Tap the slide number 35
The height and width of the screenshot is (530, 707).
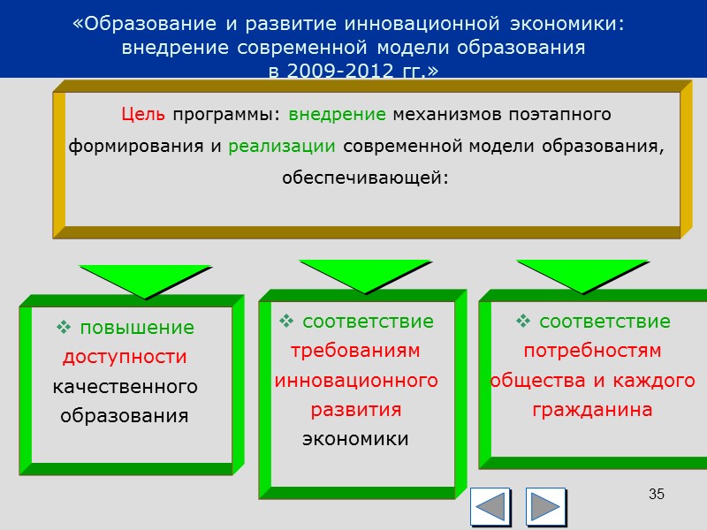point(656,494)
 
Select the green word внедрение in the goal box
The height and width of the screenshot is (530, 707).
point(337,115)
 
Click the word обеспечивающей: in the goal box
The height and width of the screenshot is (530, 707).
point(365,177)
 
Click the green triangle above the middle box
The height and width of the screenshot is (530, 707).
point(364,275)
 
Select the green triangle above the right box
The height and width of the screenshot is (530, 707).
point(582,275)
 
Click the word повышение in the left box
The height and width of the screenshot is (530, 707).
point(137,328)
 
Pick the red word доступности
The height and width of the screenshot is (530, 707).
point(125,357)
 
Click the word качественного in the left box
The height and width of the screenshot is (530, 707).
point(125,387)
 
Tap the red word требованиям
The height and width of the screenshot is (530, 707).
point(355,351)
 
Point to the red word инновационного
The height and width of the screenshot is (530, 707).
point(356,381)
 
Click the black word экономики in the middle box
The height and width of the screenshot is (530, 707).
point(355,439)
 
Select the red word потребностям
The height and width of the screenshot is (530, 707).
point(592,351)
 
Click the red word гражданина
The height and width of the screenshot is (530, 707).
point(592,410)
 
